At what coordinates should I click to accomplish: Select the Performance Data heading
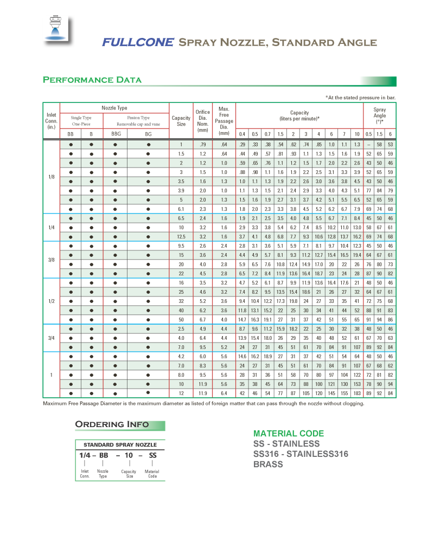[92, 80]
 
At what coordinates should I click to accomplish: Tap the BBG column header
[116, 134]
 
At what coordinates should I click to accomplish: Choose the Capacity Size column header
[181, 120]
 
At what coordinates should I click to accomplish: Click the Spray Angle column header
[380, 115]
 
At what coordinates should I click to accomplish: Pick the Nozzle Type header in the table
[114, 108]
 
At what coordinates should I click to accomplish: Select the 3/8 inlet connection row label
[52, 260]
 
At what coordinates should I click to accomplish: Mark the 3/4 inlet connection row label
[52, 338]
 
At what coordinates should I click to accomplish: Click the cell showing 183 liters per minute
[357, 392]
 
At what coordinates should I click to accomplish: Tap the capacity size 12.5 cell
[181, 236]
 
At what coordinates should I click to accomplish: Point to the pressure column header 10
[357, 134]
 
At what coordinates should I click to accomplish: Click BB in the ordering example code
[103, 455]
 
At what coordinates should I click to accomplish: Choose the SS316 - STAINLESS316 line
[301, 454]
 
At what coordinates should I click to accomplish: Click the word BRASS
[268, 464]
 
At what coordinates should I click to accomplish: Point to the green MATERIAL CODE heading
[289, 434]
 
